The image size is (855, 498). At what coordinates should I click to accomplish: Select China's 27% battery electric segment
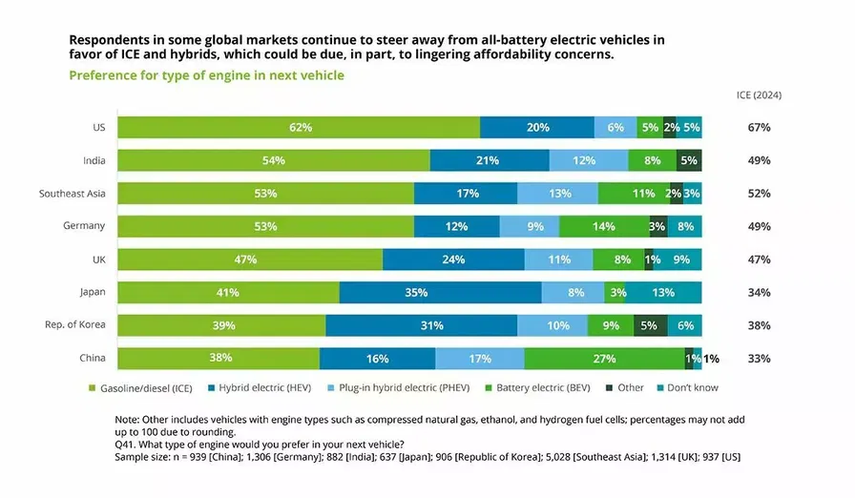604,359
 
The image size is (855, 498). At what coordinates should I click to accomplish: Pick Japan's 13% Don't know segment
663,293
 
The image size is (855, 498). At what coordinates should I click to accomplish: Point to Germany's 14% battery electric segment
603,226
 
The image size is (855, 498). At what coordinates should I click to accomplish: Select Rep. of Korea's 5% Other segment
650,325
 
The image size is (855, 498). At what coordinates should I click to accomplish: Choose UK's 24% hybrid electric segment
453,259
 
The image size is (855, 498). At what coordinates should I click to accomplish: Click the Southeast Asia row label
72,193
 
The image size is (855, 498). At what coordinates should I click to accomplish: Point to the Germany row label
85,226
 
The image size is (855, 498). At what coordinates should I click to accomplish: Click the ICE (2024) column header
759,95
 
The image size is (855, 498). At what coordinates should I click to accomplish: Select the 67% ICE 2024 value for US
759,127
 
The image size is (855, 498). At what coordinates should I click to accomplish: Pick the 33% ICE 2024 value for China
759,359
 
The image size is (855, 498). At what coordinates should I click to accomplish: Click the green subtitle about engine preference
206,75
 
